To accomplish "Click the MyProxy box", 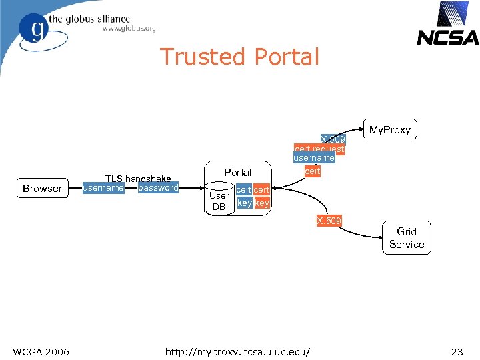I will (390, 129).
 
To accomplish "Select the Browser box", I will (42, 189).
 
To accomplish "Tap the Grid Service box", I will (406, 238).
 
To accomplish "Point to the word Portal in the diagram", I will (237, 172).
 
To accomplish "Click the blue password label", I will (159, 188).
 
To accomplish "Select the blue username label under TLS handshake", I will (103, 188).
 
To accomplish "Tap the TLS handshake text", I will (139, 179).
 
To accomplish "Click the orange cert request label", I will (319, 149).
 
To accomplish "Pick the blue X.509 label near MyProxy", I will (332, 139).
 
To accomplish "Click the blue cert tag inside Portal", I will (244, 191).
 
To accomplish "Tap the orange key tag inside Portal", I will (262, 203).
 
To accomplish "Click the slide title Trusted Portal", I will (239, 57).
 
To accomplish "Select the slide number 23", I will (457, 351).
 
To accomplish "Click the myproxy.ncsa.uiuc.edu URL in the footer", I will (241, 351).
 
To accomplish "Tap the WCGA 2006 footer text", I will (41, 351).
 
